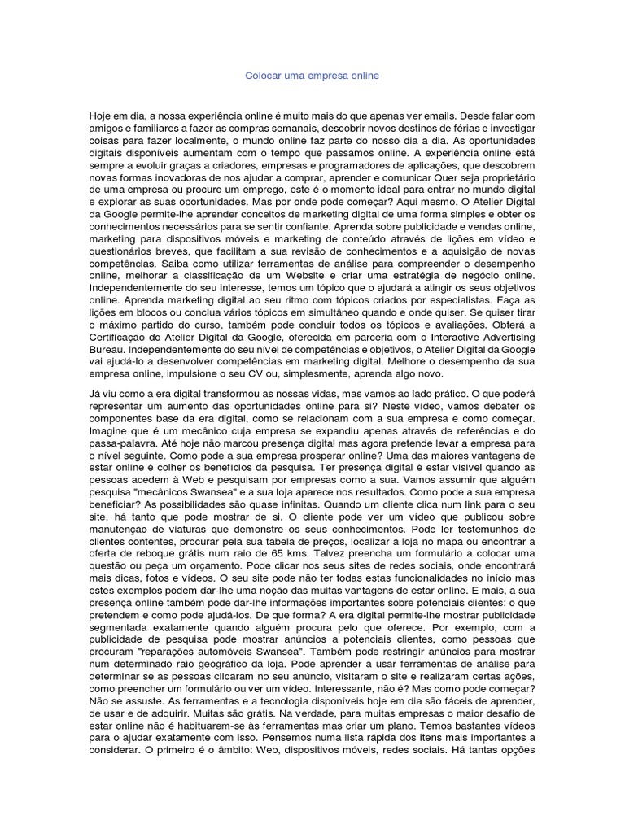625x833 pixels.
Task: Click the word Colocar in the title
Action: pyautogui.click(x=263, y=76)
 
